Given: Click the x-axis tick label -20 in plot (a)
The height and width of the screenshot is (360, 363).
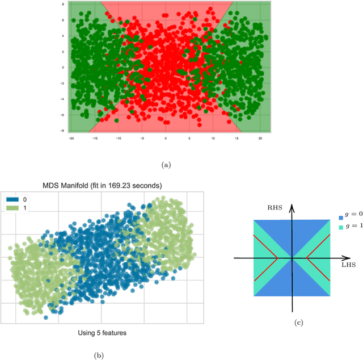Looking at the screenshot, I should [71, 138].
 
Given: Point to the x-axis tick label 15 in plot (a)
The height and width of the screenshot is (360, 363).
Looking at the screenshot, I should [237, 138].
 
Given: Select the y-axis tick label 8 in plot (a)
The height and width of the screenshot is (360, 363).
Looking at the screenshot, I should [64, 3].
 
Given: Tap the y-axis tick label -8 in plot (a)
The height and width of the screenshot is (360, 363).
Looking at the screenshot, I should [63, 131].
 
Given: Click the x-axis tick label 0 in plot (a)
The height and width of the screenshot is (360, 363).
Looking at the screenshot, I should [166, 138].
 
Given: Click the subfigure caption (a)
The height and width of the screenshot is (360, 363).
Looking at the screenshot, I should [166, 165].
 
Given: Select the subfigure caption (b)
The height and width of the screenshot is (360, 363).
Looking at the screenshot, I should [99, 355].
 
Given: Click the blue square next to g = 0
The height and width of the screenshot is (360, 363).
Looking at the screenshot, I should [339, 217].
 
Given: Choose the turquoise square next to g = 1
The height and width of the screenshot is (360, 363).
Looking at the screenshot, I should [339, 227].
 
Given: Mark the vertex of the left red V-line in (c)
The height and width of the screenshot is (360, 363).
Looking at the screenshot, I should [277, 258].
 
